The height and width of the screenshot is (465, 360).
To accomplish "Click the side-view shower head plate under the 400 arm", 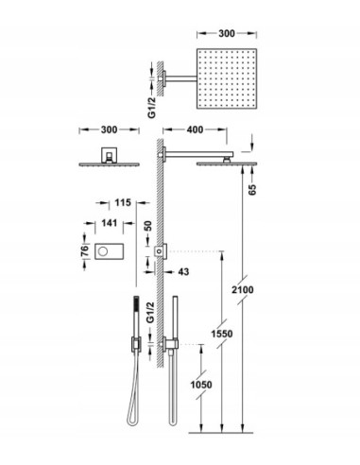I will [x=226, y=164].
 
